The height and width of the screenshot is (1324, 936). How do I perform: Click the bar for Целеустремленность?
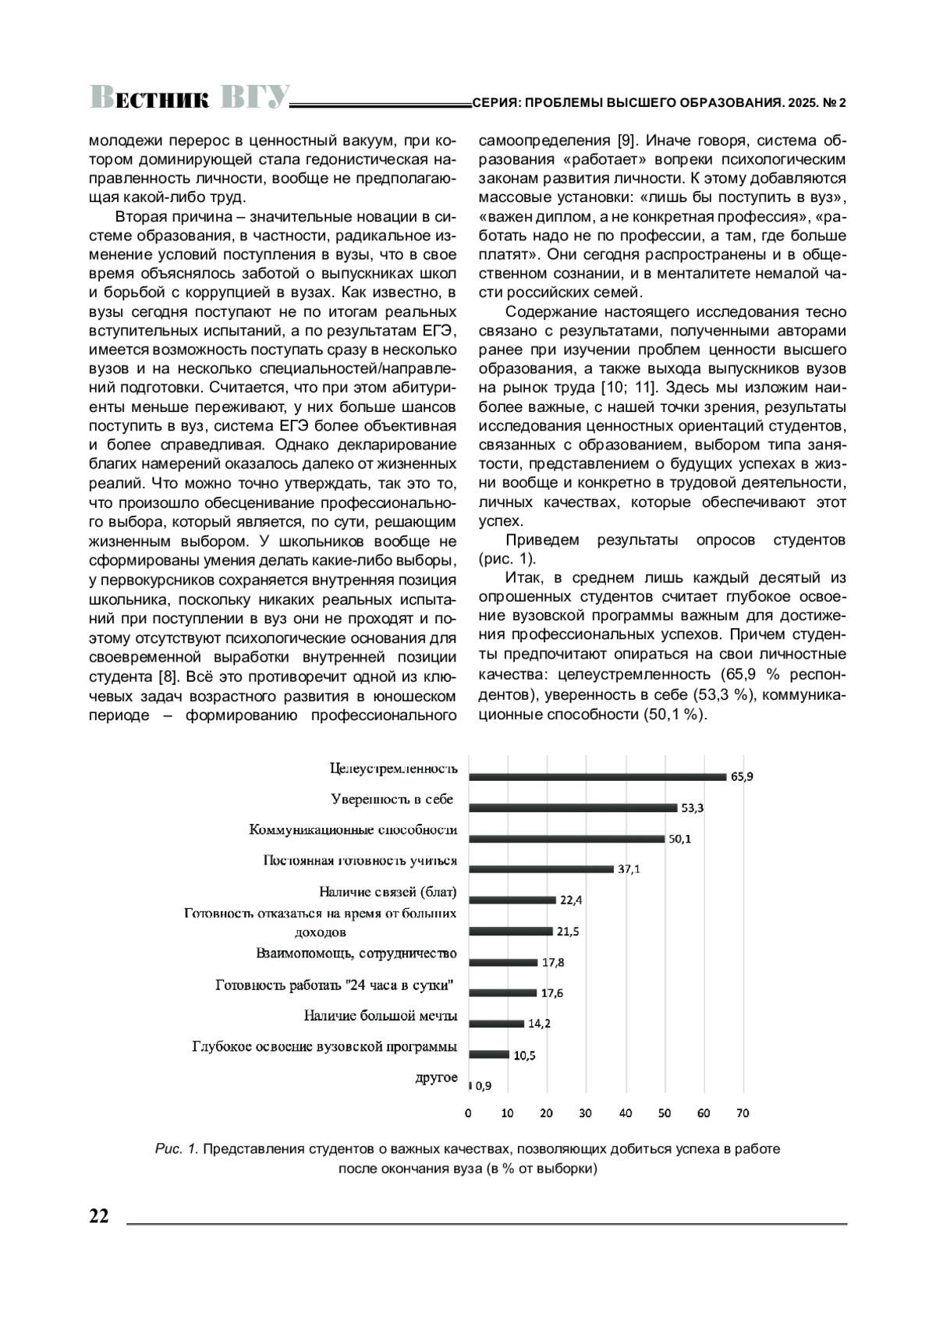(x=597, y=776)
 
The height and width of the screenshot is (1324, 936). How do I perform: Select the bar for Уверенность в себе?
(x=573, y=808)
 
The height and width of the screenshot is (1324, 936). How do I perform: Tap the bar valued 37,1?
(x=541, y=869)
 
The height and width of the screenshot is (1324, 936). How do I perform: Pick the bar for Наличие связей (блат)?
(x=512, y=900)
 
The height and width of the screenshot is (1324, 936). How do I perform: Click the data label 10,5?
(x=524, y=1055)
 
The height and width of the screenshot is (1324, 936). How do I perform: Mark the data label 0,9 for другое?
(x=483, y=1085)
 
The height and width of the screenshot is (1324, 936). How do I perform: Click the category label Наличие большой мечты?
(x=380, y=1016)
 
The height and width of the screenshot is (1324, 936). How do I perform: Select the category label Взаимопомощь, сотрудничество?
(x=356, y=953)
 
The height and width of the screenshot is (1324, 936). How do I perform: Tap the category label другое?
(x=436, y=1077)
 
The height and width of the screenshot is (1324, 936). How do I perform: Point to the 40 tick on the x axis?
(x=626, y=1113)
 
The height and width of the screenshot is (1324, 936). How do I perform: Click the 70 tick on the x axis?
(x=743, y=1113)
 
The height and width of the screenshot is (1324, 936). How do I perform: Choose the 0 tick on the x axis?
(x=469, y=1113)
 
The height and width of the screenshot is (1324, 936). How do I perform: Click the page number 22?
(x=99, y=1216)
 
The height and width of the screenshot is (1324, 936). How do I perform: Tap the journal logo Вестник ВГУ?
(x=190, y=98)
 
